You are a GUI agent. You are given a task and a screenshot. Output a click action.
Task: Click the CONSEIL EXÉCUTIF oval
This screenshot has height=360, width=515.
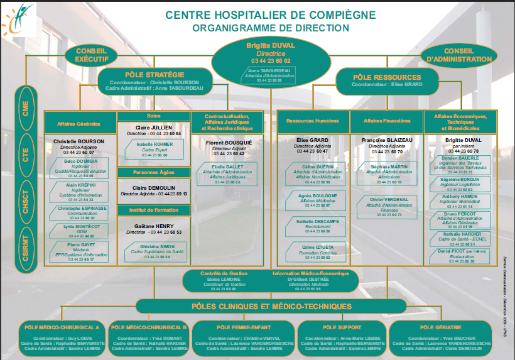pos(92,55)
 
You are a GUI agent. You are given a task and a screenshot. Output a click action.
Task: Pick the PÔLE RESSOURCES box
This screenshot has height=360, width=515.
pos(387,80)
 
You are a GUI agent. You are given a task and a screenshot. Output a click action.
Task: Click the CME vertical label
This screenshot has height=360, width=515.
pos(26,109)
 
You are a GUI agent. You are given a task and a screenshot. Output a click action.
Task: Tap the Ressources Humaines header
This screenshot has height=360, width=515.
pos(313,121)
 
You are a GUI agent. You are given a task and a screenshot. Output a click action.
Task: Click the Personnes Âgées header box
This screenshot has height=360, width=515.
pos(154,172)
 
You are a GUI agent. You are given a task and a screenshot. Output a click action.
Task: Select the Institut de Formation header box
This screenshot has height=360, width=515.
pos(154,210)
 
